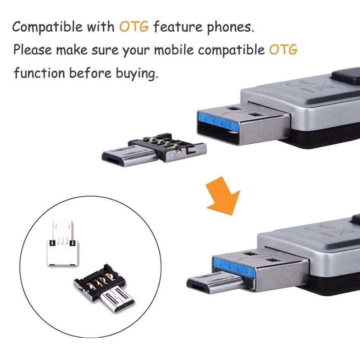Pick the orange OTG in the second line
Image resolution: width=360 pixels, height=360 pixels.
click(x=283, y=50)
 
